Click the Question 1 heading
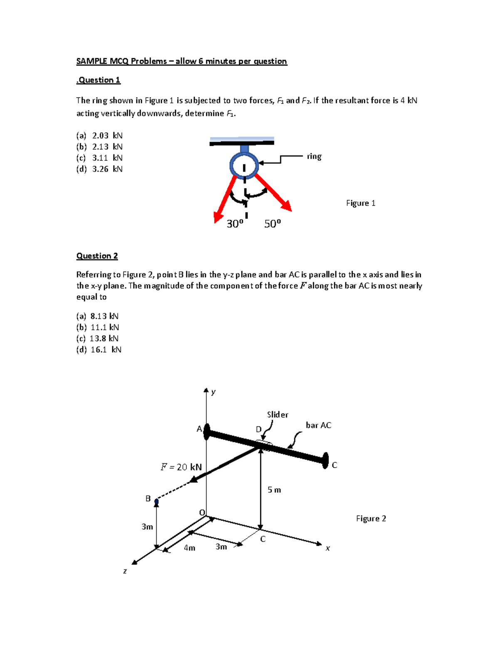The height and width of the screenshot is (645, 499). (x=99, y=80)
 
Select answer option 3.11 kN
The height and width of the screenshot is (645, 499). (x=99, y=158)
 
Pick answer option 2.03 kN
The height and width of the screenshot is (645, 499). (x=99, y=136)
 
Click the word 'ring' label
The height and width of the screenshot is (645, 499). (x=314, y=157)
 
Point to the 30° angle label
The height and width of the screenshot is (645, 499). (x=235, y=224)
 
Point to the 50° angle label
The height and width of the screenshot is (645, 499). (x=273, y=224)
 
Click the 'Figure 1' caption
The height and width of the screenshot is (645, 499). (x=361, y=203)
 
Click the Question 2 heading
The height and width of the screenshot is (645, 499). (x=97, y=256)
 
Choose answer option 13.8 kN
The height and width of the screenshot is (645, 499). (x=98, y=338)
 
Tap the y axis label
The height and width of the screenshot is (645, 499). (x=213, y=392)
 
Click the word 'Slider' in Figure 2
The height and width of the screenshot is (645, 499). (x=277, y=414)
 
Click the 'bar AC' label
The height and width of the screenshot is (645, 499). (x=318, y=425)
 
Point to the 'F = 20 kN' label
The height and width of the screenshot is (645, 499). (x=181, y=467)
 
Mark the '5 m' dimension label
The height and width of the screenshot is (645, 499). (x=274, y=490)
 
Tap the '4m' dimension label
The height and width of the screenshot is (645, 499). (x=190, y=548)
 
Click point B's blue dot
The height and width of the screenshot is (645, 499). (x=157, y=502)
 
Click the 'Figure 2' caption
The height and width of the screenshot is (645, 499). (x=371, y=518)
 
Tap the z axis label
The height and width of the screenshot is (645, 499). (x=125, y=571)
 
